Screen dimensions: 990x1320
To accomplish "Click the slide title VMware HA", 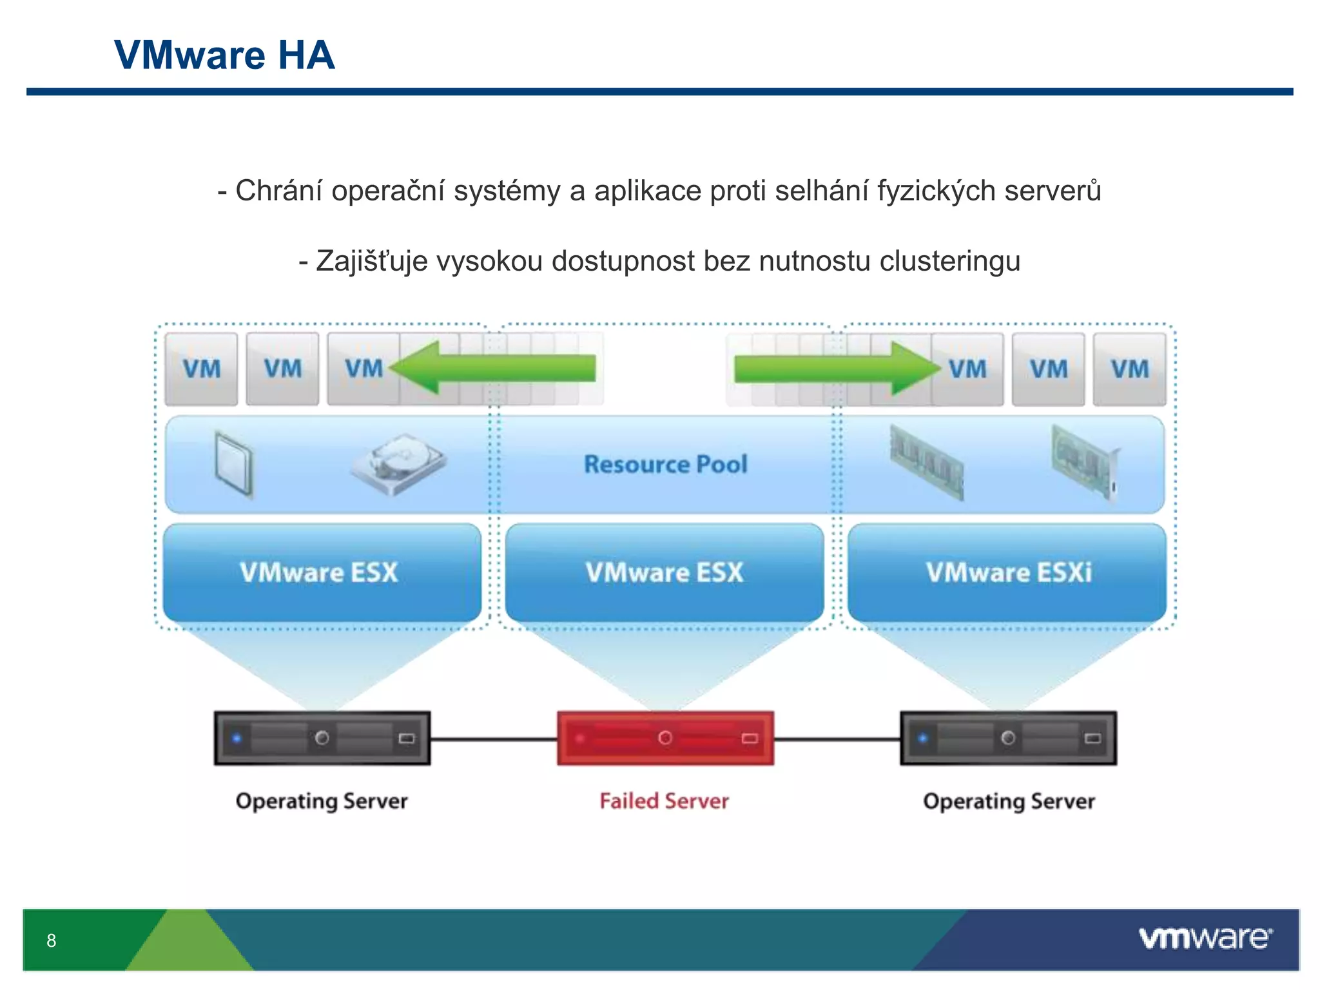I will (224, 55).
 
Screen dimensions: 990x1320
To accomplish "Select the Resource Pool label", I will (665, 465).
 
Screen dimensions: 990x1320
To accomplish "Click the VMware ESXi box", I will (1007, 572).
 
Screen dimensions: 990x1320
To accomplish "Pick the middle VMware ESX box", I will (665, 572).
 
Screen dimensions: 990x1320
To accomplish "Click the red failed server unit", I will (665, 738).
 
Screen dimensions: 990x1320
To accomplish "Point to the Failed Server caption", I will (664, 801).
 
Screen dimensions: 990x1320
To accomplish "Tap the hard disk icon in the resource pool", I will (398, 463).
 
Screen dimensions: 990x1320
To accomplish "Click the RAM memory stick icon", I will (927, 462).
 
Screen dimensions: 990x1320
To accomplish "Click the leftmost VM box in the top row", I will (201, 369).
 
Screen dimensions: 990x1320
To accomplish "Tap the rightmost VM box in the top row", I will (1129, 369).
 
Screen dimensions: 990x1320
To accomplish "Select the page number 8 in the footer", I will (52, 940).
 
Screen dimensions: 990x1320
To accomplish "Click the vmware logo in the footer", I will (1205, 938).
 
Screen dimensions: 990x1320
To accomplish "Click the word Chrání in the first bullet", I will (278, 191).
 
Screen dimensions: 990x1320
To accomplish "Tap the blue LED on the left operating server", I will (237, 738).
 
